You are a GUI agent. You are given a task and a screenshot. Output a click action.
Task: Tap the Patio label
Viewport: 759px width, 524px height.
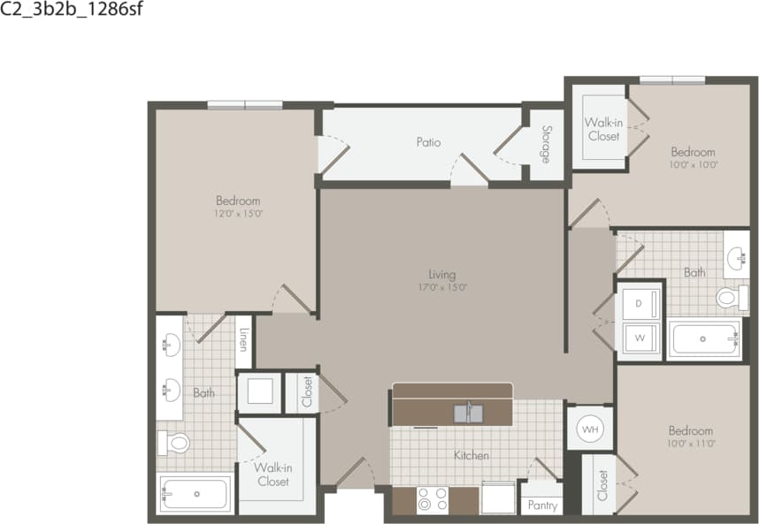click(428, 142)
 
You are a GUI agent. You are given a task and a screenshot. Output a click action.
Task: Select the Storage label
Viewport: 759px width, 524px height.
click(544, 144)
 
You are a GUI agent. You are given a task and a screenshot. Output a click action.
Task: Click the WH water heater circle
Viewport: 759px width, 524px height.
click(588, 429)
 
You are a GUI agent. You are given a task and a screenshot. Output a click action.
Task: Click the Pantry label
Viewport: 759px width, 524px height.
click(541, 505)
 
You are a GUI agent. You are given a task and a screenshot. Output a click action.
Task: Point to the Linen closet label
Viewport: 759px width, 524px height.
click(243, 340)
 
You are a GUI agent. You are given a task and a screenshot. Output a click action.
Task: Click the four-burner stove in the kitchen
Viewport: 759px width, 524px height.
click(433, 500)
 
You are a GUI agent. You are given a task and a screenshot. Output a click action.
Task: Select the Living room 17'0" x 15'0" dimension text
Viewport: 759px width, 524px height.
click(441, 287)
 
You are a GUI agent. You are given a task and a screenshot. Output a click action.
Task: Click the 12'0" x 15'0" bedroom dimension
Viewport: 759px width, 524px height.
click(238, 213)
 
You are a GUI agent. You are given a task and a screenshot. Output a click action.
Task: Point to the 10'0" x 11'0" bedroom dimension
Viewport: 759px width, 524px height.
click(690, 443)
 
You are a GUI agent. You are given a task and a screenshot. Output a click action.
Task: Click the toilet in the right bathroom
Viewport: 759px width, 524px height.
click(729, 297)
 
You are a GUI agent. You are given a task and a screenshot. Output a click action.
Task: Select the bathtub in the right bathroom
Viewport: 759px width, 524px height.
click(704, 339)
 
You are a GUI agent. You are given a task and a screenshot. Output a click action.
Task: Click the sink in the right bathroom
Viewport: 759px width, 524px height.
click(736, 259)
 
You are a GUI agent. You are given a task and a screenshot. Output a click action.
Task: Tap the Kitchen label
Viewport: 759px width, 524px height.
click(471, 456)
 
